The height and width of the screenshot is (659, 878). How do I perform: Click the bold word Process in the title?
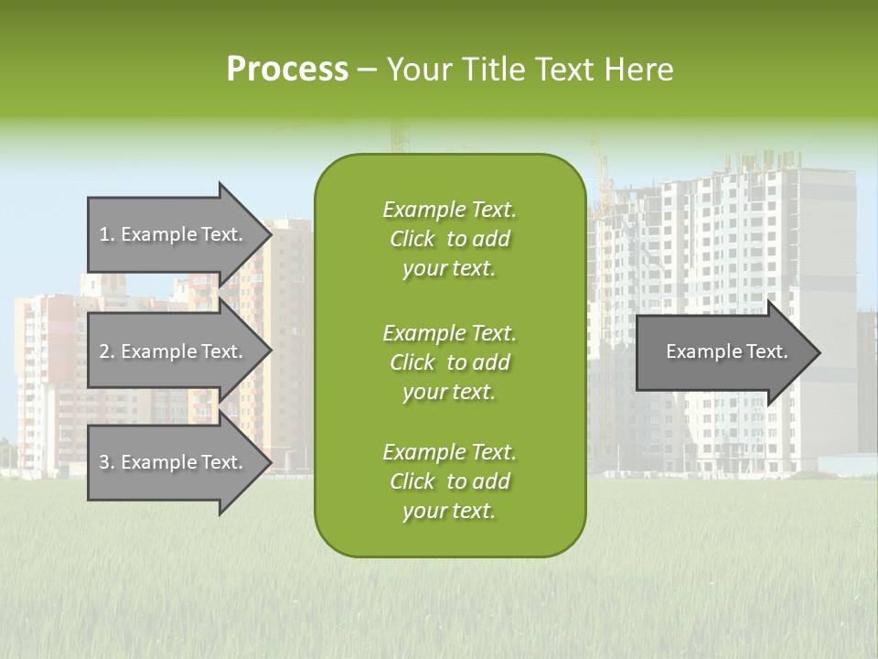point(287,70)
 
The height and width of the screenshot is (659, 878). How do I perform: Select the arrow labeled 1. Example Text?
point(174,234)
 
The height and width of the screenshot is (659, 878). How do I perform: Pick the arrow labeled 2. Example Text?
point(174,351)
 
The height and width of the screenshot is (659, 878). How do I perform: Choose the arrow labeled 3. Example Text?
point(174,462)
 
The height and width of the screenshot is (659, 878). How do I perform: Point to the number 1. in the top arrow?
point(106,234)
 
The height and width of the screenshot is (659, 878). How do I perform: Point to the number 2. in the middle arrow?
point(106,351)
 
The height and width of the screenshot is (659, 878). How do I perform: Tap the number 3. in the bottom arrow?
point(106,462)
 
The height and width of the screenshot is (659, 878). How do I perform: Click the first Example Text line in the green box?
point(449,210)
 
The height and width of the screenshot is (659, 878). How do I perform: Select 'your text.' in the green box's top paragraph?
point(449,269)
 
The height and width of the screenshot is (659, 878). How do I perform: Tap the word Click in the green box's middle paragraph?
point(412,362)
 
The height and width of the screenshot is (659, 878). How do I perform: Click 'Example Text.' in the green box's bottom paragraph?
point(449,452)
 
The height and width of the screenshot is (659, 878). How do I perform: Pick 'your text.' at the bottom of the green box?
point(449,512)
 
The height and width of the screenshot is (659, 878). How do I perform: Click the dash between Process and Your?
point(368,70)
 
